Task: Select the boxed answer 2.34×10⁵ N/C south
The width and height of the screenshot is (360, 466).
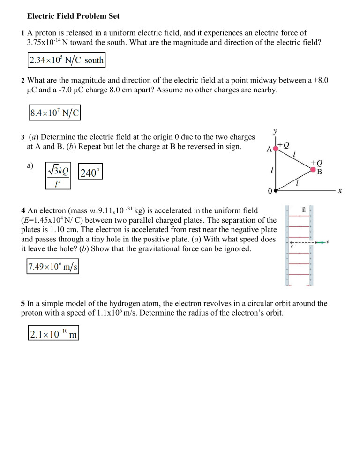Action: click(x=66, y=60)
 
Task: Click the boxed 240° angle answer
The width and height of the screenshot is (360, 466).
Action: click(x=90, y=173)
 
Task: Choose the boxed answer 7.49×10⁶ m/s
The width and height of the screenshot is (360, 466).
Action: click(x=52, y=267)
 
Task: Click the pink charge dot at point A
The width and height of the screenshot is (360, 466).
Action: click(x=276, y=147)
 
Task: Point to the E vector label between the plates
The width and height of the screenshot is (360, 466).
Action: click(x=304, y=210)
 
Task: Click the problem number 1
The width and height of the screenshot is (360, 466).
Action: click(x=22, y=33)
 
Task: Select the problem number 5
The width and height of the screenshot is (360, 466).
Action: click(x=22, y=303)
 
